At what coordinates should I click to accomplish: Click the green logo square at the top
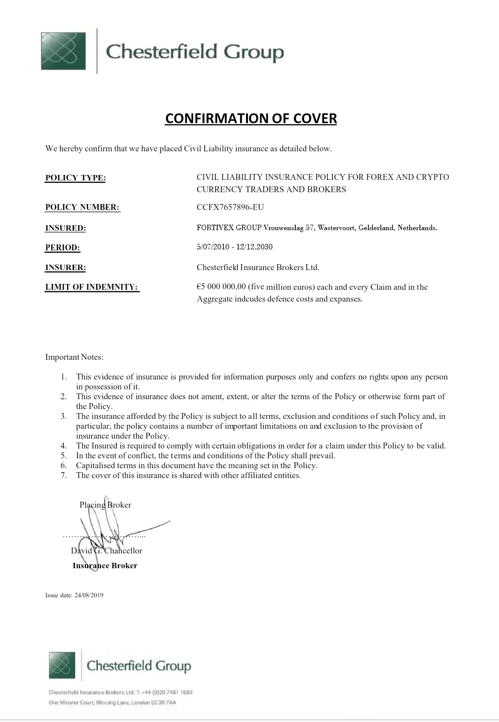[63, 51]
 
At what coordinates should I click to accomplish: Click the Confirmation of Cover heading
[251, 118]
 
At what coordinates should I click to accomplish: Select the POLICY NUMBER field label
[82, 207]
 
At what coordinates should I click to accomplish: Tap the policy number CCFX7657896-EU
[230, 207]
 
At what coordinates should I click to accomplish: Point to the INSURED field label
[66, 228]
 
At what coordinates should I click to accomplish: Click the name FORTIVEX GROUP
[229, 228]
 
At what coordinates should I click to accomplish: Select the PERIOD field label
[63, 248]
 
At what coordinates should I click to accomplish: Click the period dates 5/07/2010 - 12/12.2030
[235, 247]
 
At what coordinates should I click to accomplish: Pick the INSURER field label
[66, 268]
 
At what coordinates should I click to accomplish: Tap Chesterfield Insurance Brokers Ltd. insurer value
[258, 268]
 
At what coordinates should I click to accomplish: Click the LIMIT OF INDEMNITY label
[92, 287]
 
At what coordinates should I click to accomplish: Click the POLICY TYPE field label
[75, 178]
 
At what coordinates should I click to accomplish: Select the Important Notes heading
[74, 357]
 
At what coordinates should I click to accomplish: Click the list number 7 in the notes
[64, 476]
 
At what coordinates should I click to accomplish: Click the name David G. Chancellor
[107, 551]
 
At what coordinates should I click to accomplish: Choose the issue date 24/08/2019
[89, 595]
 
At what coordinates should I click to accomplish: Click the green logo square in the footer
[62, 664]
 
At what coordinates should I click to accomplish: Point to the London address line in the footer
[112, 702]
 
